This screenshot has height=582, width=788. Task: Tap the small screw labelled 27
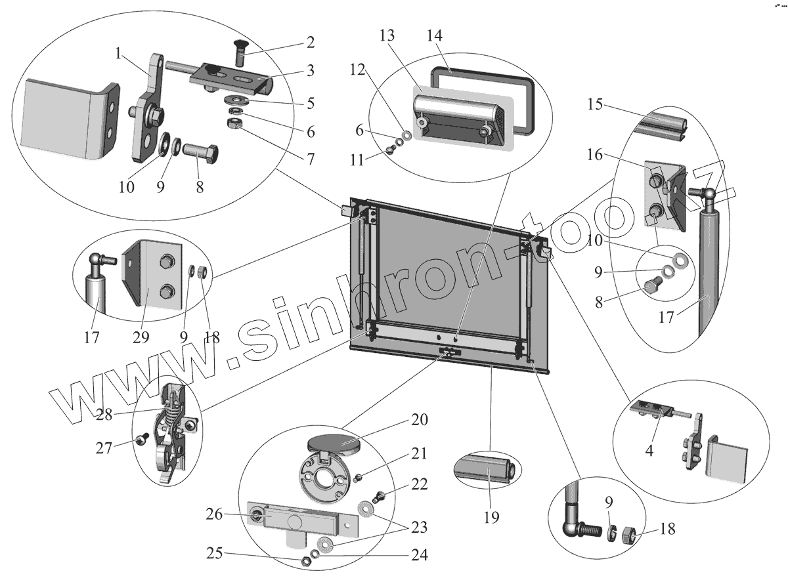pos(141,440)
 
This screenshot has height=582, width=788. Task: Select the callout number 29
pos(141,337)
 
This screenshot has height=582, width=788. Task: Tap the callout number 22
pos(420,485)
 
